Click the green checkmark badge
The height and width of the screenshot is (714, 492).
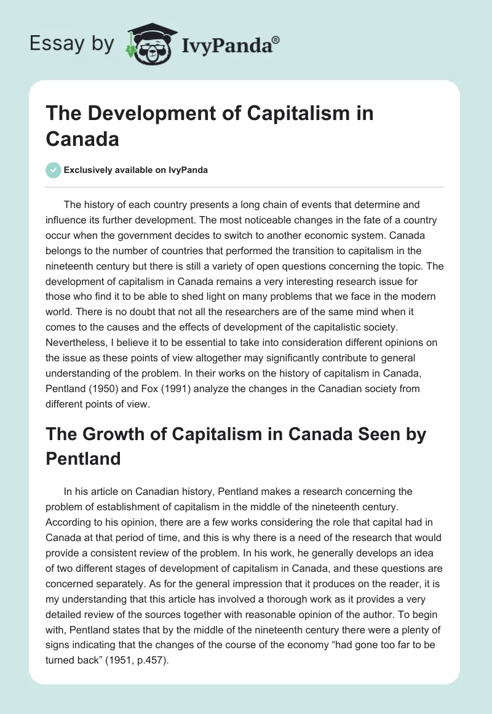(53, 170)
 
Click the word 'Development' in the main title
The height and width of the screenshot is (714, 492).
(145, 114)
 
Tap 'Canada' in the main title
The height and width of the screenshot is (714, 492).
(82, 138)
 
